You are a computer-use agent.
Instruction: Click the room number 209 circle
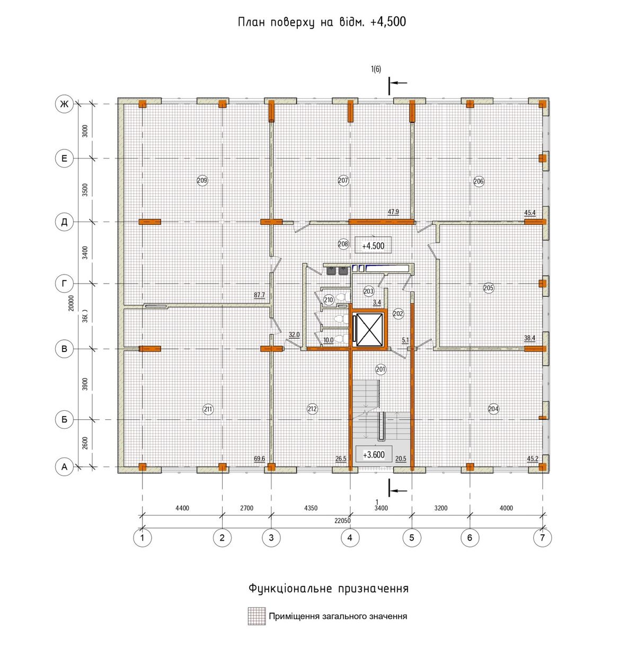pyautogui.click(x=202, y=181)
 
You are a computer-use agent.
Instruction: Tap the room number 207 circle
pyautogui.click(x=343, y=181)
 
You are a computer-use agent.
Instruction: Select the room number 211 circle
pyautogui.click(x=208, y=409)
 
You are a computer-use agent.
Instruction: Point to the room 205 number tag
pyautogui.click(x=488, y=287)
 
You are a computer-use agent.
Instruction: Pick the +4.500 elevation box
pyautogui.click(x=373, y=245)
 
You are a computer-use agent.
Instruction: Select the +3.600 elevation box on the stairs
pyautogui.click(x=374, y=455)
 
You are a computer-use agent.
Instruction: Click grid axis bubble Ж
pyautogui.click(x=64, y=104)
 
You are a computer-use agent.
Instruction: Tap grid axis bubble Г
pyautogui.click(x=64, y=284)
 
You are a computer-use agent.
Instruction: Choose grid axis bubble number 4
pyautogui.click(x=350, y=538)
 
